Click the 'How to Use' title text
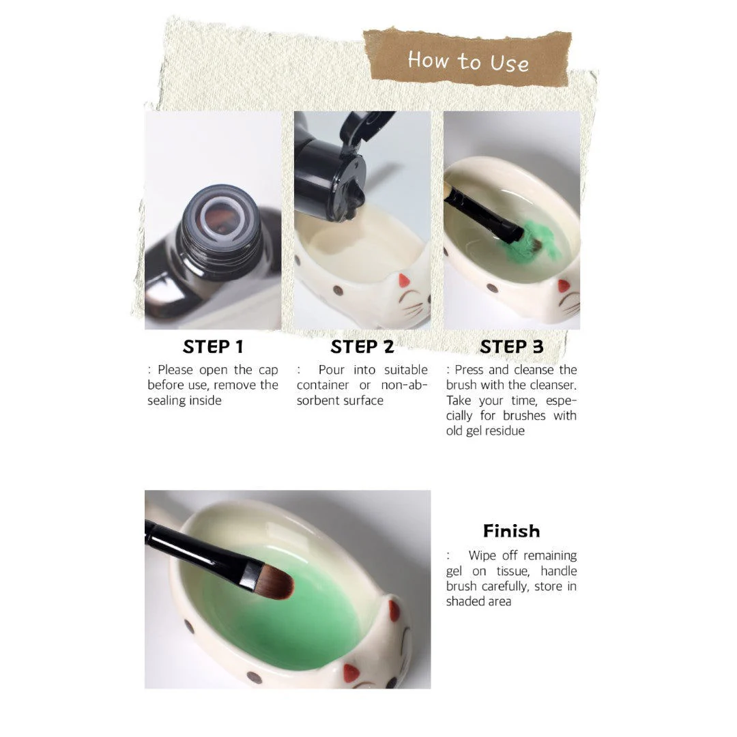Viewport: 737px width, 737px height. pos(468,61)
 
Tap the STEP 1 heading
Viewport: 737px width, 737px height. pos(213,347)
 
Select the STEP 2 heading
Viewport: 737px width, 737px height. pos(362,347)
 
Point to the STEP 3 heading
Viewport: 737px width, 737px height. pos(512,347)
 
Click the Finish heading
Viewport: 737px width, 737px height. pos(512,531)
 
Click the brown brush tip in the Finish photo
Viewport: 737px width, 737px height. pos(276,582)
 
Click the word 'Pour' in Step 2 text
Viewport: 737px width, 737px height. pos(332,370)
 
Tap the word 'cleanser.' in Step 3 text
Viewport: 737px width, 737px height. pos(553,385)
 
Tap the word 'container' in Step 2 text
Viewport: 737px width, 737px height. pos(322,385)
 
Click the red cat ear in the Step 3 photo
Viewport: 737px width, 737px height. pos(564,286)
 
